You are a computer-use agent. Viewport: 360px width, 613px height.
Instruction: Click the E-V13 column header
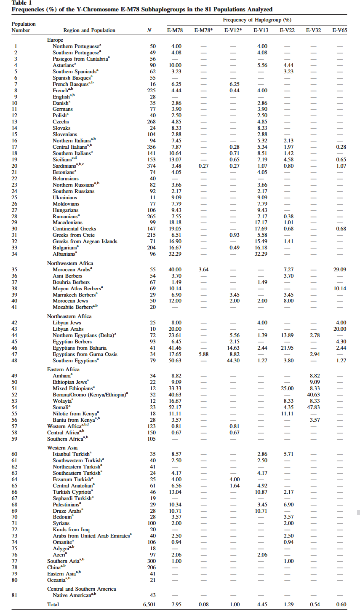[x=261, y=30]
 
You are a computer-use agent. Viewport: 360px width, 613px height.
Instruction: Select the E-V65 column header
[x=339, y=30]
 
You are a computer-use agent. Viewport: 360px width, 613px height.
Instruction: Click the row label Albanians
[x=64, y=254]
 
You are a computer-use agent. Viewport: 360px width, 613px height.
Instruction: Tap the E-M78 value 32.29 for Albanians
[x=176, y=254]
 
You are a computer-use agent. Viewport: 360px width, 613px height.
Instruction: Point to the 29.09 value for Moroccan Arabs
[x=340, y=270]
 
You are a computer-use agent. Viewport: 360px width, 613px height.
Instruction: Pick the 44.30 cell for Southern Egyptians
[x=235, y=361]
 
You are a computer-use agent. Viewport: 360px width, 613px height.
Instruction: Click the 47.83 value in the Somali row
[x=314, y=407]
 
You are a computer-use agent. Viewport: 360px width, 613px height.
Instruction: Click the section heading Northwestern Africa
[x=70, y=263]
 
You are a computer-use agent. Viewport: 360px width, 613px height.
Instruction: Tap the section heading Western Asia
[x=62, y=448]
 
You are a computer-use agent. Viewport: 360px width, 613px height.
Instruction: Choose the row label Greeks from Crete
[x=74, y=235]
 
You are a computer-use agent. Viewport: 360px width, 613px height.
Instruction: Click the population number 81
[x=15, y=595]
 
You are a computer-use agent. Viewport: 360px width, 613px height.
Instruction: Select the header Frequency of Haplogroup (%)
[x=257, y=20]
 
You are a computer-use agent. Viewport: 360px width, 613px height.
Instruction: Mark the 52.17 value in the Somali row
[x=176, y=407]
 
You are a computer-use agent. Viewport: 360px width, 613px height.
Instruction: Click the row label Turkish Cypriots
[x=72, y=492]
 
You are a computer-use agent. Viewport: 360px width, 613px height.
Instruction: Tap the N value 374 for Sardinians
[x=151, y=166]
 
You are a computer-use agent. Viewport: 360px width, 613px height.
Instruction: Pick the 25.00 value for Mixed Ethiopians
[x=287, y=388]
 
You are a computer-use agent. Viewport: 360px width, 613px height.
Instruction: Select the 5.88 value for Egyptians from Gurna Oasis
[x=203, y=354]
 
